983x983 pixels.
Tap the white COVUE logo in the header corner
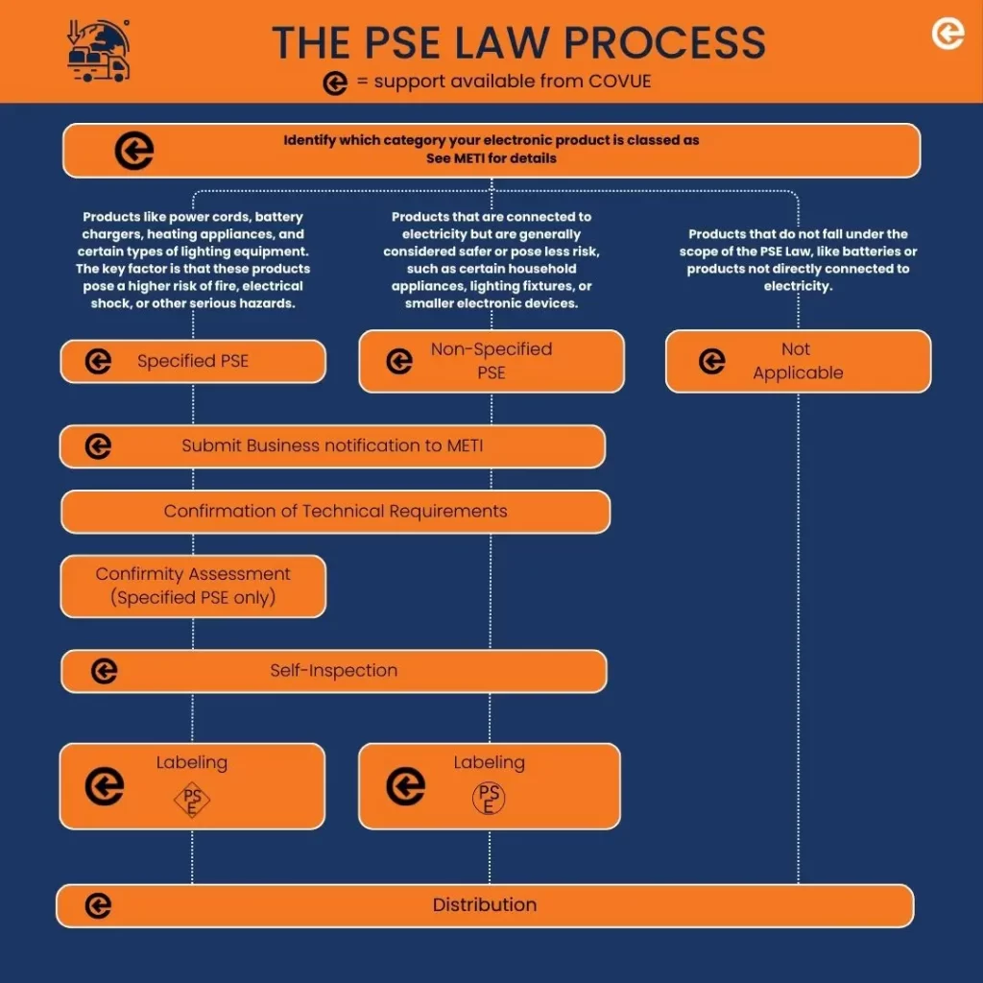947,35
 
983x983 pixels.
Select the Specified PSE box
193,361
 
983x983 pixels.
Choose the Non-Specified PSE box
491,361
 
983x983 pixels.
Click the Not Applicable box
798,361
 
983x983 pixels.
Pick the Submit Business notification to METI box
332,446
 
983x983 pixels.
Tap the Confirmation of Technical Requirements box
335,512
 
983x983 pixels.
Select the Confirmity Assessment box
193,586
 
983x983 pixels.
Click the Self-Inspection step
333,671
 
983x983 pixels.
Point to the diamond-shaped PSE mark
192,800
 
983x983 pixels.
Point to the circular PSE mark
490,799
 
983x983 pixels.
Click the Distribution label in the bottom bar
484,905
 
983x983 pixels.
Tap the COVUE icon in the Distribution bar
98,905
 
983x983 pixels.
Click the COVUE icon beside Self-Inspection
105,671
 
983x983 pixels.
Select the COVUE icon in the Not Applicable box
712,361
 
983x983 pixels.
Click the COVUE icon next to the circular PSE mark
405,787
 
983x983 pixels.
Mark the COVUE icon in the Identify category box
134,151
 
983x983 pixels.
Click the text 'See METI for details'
491,158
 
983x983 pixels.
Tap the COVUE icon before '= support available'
335,84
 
